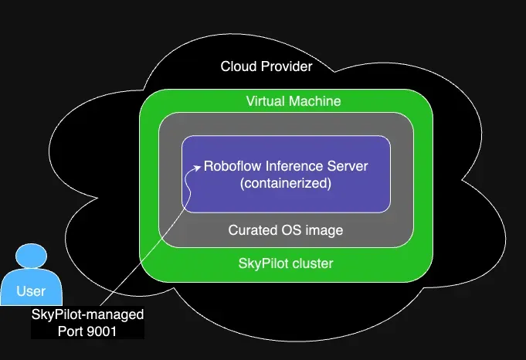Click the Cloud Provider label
pyautogui.click(x=266, y=66)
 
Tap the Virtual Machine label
pyautogui.click(x=294, y=101)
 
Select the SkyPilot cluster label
pyautogui.click(x=286, y=263)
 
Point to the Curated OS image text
pyautogui.click(x=286, y=230)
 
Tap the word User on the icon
pyautogui.click(x=31, y=291)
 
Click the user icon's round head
pyautogui.click(x=32, y=256)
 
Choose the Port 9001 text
pyautogui.click(x=88, y=331)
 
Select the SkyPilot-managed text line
pyautogui.click(x=88, y=315)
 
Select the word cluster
pyautogui.click(x=311, y=263)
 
